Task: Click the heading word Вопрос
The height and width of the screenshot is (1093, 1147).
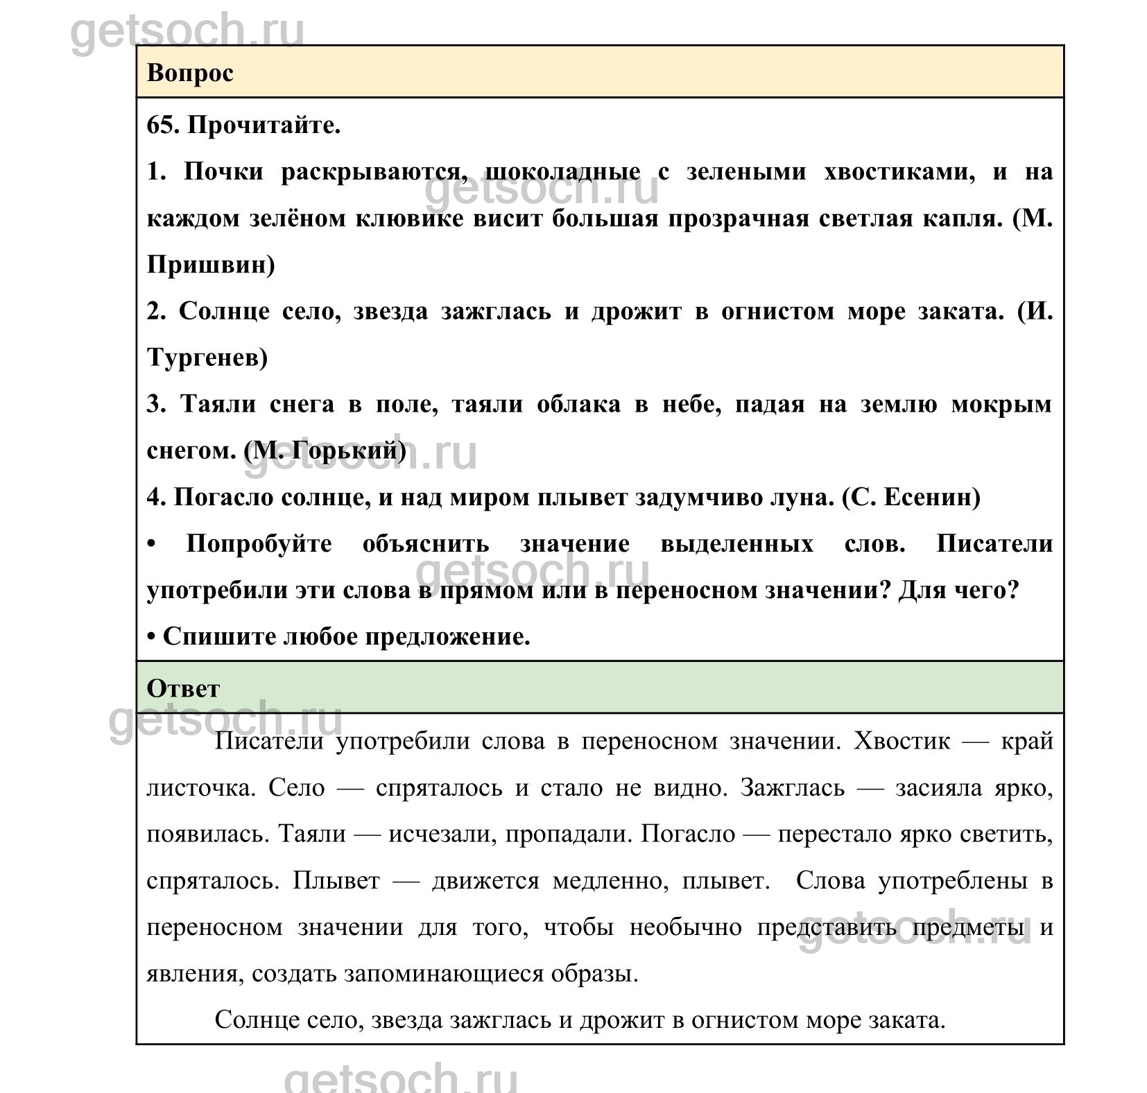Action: tap(190, 73)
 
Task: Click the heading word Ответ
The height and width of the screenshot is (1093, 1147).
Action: tap(183, 688)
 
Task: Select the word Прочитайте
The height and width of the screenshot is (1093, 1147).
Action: tap(264, 125)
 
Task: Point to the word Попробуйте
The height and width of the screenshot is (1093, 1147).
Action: tap(259, 543)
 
